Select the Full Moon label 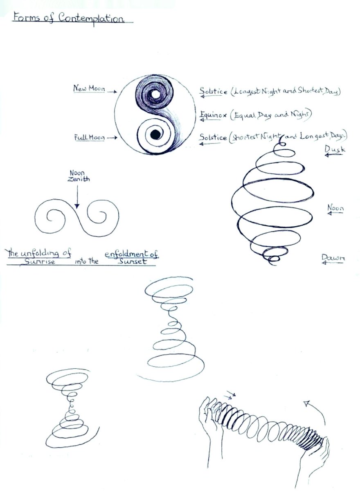pos(88,137)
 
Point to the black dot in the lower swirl pos(155,134)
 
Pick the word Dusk pos(335,150)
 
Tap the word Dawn pos(333,257)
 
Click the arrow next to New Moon pos(111,92)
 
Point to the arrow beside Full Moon pos(111,138)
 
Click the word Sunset pos(131,261)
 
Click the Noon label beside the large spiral pos(335,208)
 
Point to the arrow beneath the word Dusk pos(334,156)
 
